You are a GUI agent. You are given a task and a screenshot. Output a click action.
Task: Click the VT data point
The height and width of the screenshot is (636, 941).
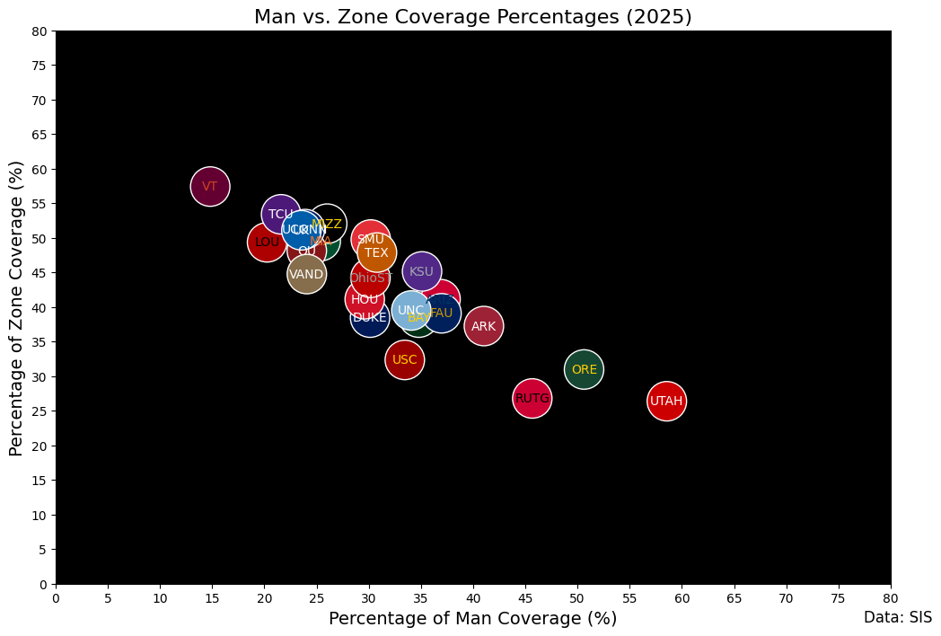click(210, 187)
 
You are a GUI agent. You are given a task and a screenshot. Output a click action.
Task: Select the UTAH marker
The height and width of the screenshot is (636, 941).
click(666, 401)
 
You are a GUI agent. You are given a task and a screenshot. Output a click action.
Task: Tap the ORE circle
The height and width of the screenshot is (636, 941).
click(584, 369)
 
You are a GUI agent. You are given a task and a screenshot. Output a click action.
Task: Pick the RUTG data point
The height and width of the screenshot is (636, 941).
click(532, 398)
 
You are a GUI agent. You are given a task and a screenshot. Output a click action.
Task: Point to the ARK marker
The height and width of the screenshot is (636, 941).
click(483, 326)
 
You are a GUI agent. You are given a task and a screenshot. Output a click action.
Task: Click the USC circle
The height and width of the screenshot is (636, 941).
click(405, 359)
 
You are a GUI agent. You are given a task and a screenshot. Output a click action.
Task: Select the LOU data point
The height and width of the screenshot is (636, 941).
click(267, 242)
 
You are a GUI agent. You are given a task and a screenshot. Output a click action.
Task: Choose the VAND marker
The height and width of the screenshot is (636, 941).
click(306, 274)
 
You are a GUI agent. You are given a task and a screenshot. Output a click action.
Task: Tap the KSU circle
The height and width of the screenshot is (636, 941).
click(421, 271)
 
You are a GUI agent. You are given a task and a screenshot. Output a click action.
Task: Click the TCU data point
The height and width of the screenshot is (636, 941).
click(281, 214)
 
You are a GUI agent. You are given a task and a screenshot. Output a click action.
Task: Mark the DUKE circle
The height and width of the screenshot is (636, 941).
click(369, 317)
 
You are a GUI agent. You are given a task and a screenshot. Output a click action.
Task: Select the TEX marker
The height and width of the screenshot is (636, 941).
click(377, 252)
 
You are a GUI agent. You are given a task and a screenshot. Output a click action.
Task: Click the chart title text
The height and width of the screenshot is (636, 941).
click(472, 17)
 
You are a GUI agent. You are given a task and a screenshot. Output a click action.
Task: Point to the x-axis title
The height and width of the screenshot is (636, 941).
click(472, 618)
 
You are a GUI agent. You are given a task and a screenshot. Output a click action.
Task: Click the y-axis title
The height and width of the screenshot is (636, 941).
click(16, 308)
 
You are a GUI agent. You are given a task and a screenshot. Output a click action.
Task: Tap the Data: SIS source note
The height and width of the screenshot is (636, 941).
click(897, 617)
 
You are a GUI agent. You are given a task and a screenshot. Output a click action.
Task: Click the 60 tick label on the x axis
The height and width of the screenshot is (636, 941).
click(682, 596)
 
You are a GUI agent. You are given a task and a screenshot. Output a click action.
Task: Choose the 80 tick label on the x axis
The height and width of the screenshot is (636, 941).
click(891, 596)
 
